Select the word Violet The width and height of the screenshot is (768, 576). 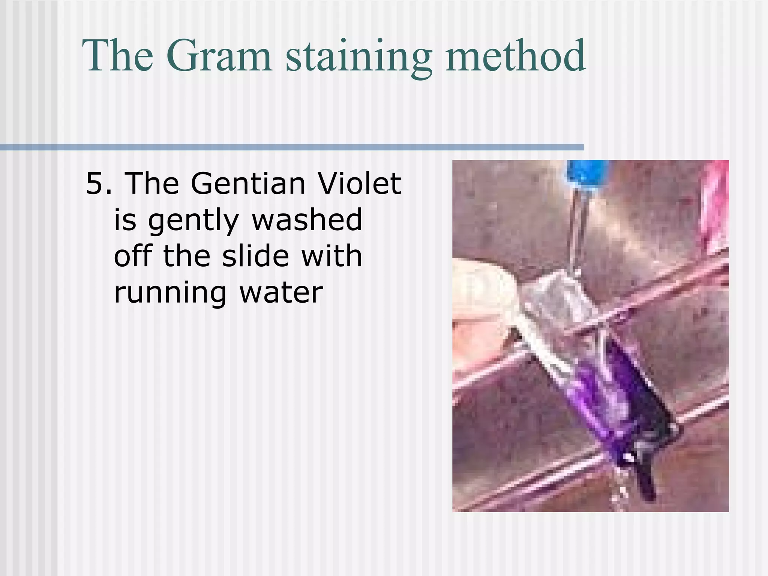pos(359,184)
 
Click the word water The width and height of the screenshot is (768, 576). pos(281,292)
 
